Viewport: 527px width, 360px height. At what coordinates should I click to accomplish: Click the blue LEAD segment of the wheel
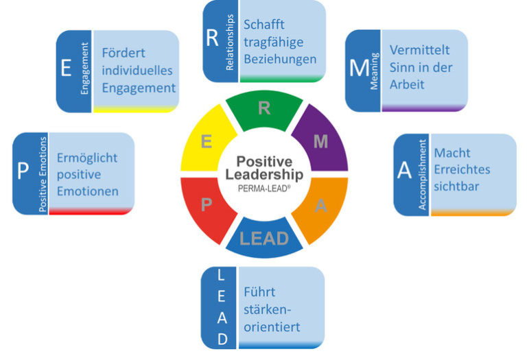(x=264, y=238)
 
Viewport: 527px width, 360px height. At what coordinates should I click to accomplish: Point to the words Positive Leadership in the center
(x=264, y=168)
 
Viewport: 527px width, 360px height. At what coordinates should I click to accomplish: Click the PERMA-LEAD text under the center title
(x=264, y=187)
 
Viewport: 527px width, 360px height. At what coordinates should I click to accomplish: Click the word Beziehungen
(x=280, y=60)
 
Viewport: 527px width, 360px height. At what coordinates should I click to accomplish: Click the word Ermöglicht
(x=87, y=157)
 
